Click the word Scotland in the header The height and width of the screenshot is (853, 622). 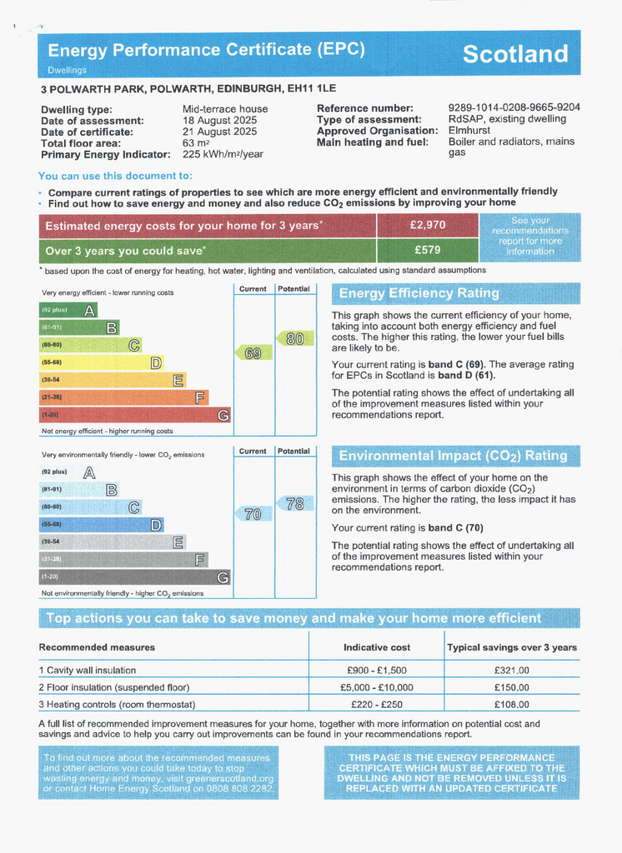[514, 54]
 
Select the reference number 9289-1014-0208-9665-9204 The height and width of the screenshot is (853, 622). [514, 108]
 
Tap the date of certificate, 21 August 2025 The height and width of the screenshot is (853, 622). [219, 132]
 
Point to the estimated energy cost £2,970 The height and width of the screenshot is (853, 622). [428, 225]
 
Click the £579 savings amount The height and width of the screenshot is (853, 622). [428, 249]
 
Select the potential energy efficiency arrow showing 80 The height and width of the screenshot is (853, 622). [294, 339]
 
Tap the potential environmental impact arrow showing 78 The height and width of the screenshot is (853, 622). [294, 504]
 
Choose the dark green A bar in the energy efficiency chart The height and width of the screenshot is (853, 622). [68, 310]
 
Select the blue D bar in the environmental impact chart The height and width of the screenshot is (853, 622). [101, 525]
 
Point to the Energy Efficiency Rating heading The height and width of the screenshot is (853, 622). [419, 293]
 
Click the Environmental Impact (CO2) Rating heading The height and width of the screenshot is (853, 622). [453, 456]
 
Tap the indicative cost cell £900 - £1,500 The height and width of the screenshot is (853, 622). [377, 671]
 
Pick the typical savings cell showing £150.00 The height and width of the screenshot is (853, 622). [511, 687]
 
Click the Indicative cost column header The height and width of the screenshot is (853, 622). [377, 647]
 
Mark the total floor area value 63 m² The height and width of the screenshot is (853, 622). [197, 143]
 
